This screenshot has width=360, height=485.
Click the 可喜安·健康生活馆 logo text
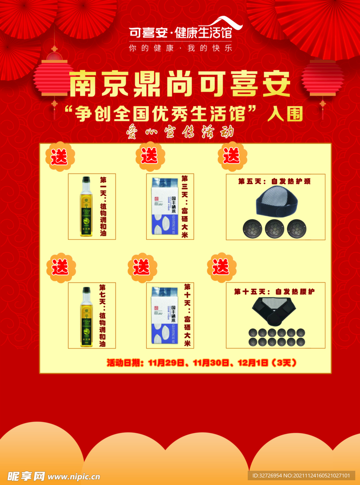point(180,33)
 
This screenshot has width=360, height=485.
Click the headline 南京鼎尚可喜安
point(180,85)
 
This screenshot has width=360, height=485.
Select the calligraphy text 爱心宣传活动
point(180,131)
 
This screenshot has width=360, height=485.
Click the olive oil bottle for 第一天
point(86,207)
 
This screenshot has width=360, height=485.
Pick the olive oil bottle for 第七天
point(86,317)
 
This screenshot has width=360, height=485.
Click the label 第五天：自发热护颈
point(275,181)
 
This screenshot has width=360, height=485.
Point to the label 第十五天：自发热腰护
point(275,291)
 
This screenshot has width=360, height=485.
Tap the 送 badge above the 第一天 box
point(60,157)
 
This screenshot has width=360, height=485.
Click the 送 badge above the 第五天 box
point(232,156)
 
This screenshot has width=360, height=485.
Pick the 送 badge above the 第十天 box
point(141,268)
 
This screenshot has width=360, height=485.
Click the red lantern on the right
point(323,78)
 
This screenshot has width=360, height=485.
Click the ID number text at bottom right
point(301,476)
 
